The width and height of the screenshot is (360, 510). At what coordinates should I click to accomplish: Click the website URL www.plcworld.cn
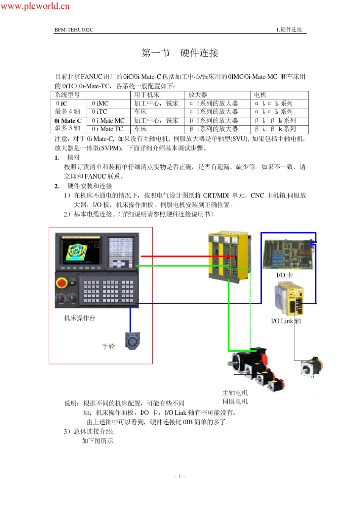[x=35, y=6]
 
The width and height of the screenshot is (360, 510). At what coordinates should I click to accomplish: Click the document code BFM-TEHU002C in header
[x=74, y=30]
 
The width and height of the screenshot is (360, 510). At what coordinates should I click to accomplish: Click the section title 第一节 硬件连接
[x=180, y=53]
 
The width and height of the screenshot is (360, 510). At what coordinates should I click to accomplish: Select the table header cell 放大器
[x=198, y=95]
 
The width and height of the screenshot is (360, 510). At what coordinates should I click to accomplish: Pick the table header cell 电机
[x=260, y=95]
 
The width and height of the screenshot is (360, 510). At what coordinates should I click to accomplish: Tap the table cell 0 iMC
[x=100, y=103]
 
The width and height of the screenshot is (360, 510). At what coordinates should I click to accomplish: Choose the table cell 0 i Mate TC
[x=107, y=129]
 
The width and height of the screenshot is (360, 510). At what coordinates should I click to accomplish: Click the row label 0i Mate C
[x=68, y=121]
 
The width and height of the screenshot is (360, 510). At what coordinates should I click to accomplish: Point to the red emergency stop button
[x=62, y=282]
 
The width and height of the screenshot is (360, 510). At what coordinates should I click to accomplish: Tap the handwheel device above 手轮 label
[x=132, y=341]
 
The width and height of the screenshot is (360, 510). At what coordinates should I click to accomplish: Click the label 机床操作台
[x=80, y=318]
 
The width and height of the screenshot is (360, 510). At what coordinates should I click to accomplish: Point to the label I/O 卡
[x=284, y=275]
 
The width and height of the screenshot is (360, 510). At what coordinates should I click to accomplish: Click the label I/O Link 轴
[x=286, y=321]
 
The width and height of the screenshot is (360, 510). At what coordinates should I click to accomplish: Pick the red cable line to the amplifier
[x=178, y=256]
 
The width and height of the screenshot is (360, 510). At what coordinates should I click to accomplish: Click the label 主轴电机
[x=235, y=392]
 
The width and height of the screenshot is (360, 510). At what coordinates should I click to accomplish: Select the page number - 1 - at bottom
[x=180, y=476]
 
